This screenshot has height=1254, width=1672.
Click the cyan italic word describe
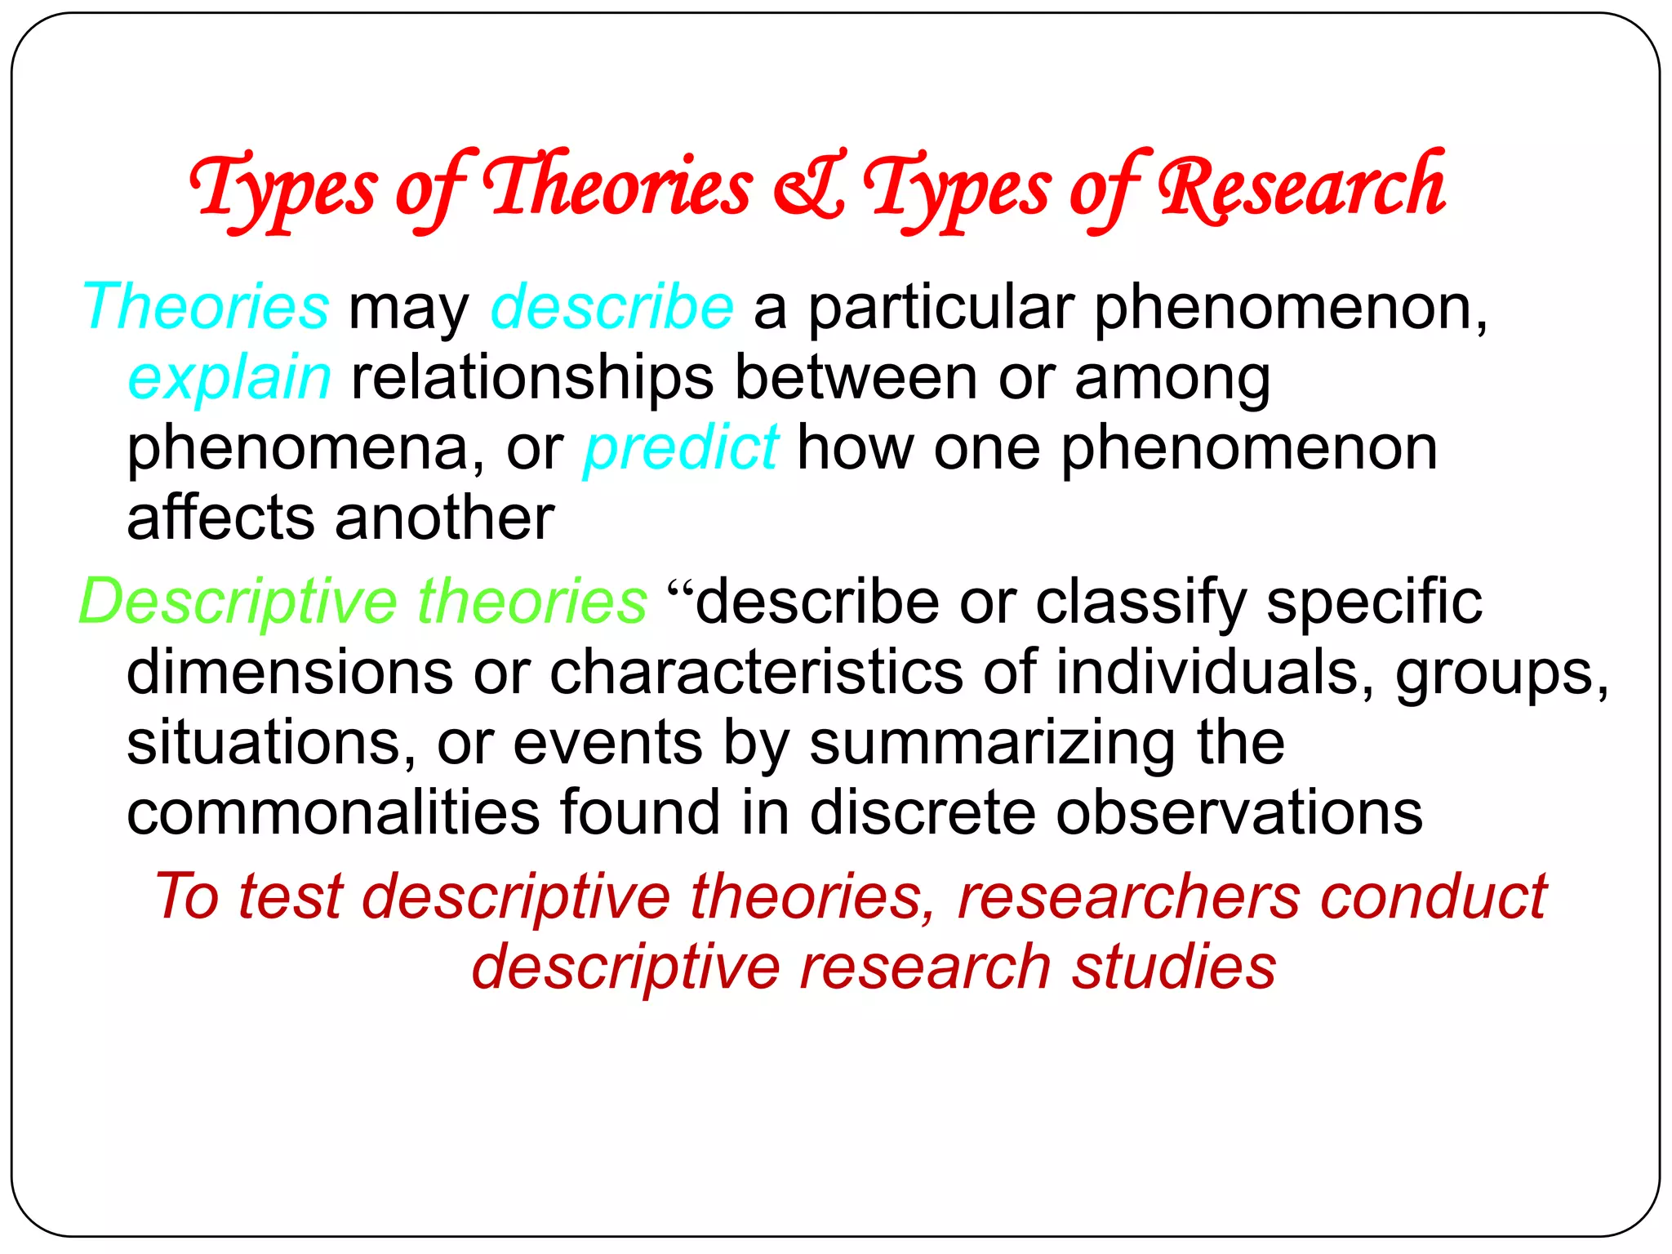(611, 308)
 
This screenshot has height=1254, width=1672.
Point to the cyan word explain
(229, 378)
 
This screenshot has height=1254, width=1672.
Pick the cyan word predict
(681, 448)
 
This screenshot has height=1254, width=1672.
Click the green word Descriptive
(238, 603)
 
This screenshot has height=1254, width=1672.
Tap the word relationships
(532, 378)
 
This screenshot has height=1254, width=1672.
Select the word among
(1172, 378)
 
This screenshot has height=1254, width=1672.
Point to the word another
(444, 518)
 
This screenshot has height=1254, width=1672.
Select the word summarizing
(993, 743)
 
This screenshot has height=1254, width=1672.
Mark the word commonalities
(333, 813)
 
